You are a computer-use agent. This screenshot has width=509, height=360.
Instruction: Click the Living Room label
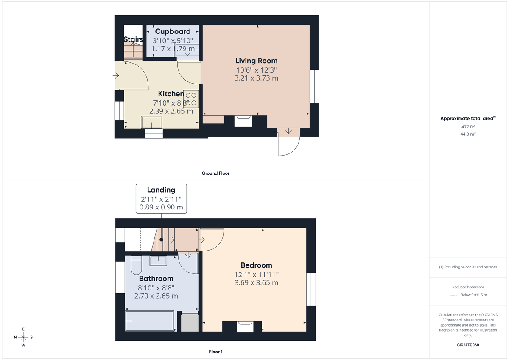[x=256, y=61]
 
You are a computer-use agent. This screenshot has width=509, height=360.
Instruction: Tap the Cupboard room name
[x=173, y=31]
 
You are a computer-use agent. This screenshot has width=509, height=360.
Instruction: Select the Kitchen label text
[x=171, y=94]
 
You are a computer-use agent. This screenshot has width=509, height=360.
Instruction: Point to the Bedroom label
[x=256, y=265]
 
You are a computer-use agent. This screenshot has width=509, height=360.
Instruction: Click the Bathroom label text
[x=156, y=279]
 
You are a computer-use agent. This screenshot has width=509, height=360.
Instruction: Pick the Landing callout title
[x=161, y=190]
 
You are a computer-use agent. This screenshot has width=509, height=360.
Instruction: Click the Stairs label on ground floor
[x=133, y=39]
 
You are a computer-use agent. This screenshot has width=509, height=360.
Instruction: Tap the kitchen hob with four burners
[x=191, y=99]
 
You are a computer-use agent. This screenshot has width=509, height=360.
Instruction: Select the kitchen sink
[x=151, y=122]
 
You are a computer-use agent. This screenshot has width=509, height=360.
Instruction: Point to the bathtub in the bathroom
[x=150, y=321]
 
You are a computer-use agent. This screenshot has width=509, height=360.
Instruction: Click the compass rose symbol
[x=23, y=337]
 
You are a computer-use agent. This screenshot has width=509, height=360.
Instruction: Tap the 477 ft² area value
[x=467, y=127]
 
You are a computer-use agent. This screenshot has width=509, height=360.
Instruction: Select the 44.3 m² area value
[x=467, y=134]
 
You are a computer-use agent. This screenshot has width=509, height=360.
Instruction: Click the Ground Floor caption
[x=215, y=173]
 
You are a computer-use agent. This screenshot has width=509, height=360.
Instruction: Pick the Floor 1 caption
[x=215, y=352]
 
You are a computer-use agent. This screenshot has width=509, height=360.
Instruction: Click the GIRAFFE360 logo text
[x=467, y=345]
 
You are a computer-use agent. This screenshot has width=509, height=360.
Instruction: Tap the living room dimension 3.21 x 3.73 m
[x=256, y=78]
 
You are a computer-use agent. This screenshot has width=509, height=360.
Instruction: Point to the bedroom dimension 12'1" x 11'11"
[x=256, y=275]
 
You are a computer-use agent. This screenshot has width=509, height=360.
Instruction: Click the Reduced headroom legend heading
[x=467, y=287]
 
